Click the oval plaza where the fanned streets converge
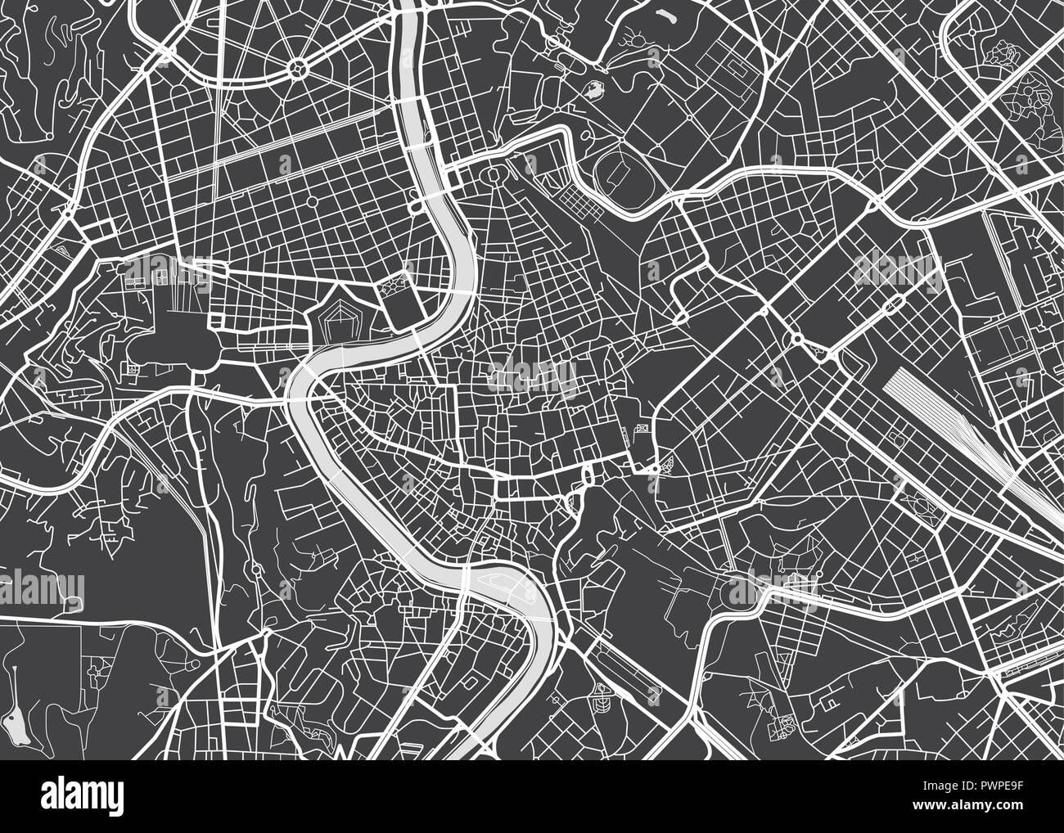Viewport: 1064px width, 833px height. (495, 175)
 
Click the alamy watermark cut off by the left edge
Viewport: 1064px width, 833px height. (41, 588)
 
